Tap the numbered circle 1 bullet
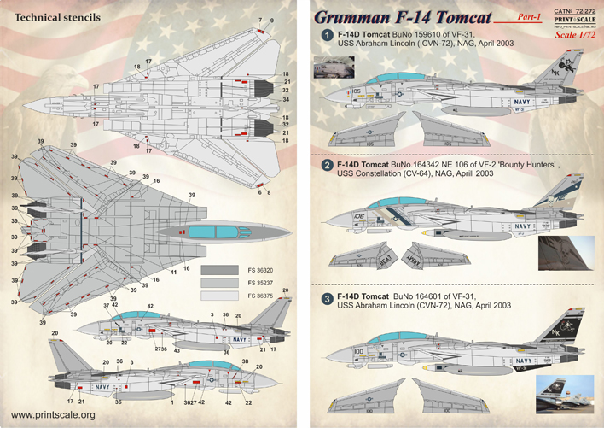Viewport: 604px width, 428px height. [x=326, y=36]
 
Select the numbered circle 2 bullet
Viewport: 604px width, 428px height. [x=326, y=164]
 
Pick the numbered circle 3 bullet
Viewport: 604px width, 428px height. [x=326, y=298]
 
